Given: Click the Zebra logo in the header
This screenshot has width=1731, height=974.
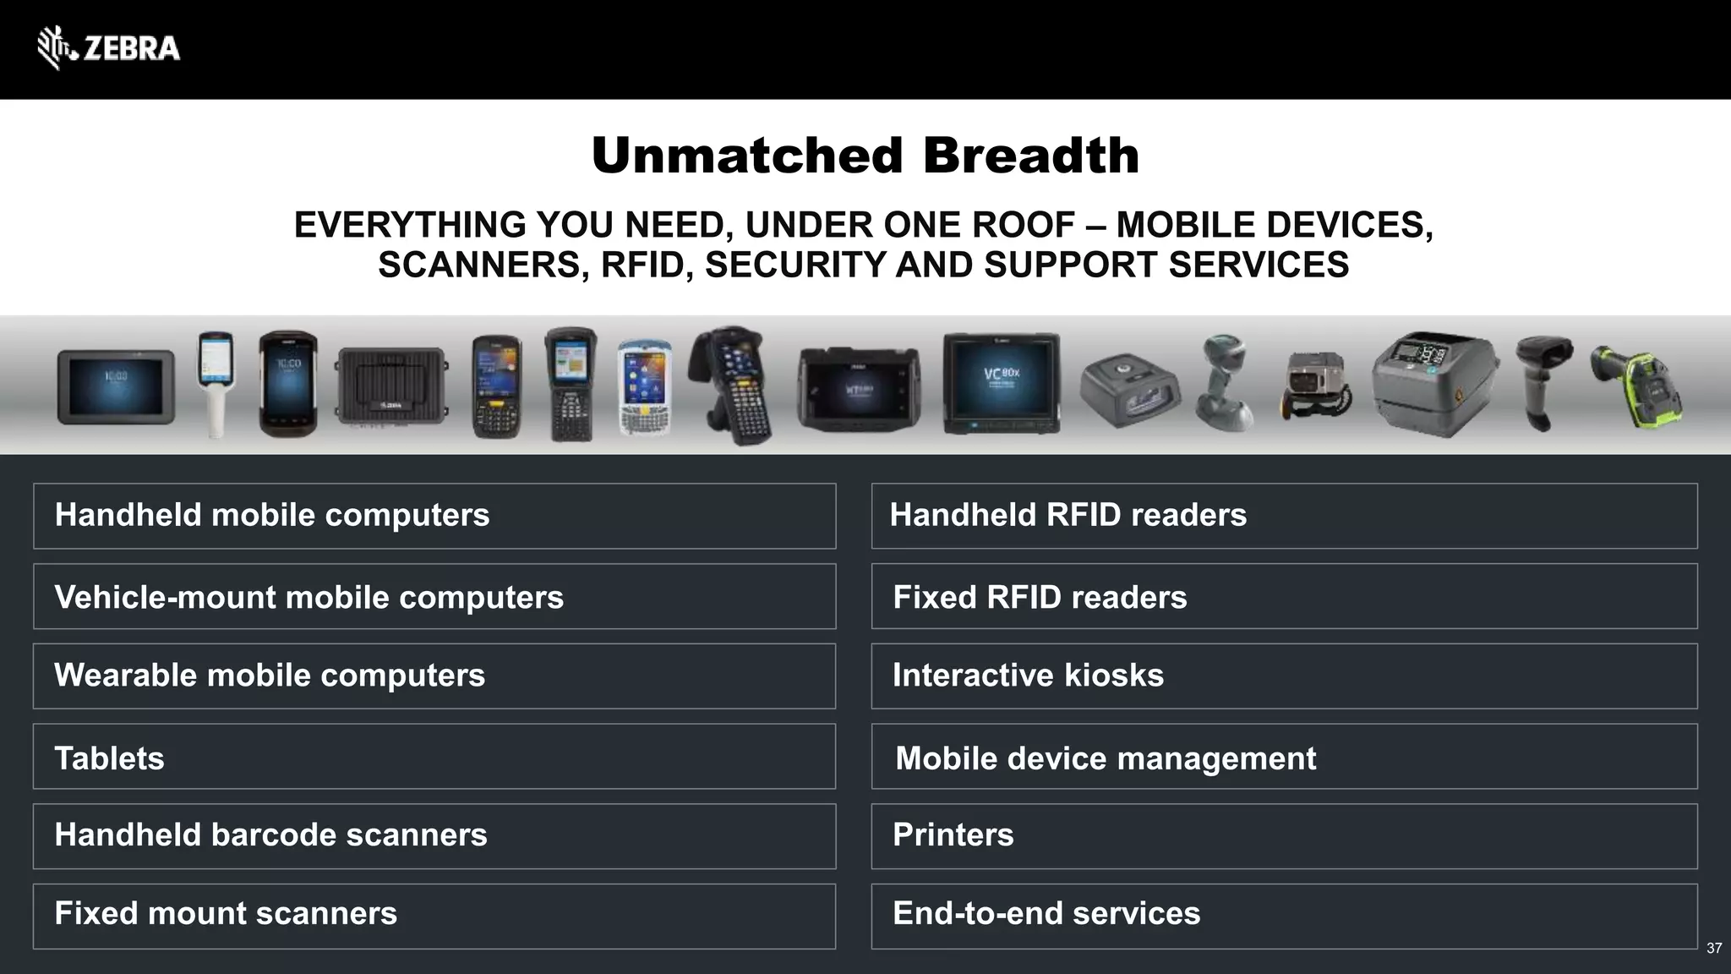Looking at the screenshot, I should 108,48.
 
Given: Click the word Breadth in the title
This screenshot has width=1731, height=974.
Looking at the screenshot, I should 1030,156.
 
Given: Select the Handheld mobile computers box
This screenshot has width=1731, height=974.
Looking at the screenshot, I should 434,516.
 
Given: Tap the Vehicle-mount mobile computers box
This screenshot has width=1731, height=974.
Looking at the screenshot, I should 434,596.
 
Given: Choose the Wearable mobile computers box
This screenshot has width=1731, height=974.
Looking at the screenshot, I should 434,676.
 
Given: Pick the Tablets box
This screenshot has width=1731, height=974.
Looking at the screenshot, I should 434,756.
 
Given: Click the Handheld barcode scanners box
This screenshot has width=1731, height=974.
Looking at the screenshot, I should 434,835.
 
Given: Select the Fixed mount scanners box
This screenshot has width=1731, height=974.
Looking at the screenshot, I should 434,916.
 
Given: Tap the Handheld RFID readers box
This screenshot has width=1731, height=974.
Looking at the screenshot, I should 1284,516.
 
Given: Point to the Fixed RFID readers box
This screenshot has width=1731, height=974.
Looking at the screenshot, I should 1284,596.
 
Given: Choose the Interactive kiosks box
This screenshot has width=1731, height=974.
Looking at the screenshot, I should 1284,676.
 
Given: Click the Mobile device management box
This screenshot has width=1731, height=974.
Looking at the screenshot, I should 1284,756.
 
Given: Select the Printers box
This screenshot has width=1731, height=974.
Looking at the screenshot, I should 1284,835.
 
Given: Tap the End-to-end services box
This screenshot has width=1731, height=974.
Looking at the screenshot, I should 1284,916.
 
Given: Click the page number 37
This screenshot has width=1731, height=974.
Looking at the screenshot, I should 1714,949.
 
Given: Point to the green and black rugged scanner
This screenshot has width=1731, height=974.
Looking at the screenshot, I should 1636,386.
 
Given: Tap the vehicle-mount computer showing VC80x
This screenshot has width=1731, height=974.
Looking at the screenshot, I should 1001,382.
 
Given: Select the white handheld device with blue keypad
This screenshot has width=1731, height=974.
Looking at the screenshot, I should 644,387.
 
